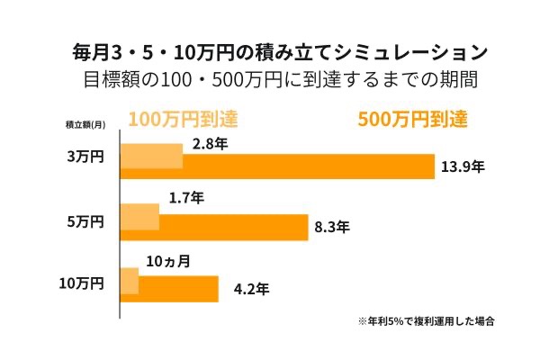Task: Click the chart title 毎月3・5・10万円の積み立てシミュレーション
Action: coord(269,49)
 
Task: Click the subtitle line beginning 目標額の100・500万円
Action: coord(269,78)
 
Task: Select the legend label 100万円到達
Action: coord(183,120)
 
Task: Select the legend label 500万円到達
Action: coord(413,120)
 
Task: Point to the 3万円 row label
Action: coord(86,157)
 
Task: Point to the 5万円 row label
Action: coord(86,221)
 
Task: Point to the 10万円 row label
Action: coord(82,283)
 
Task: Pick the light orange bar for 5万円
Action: coord(139,216)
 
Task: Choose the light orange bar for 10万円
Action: coord(130,279)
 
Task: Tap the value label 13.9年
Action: coord(463,167)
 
